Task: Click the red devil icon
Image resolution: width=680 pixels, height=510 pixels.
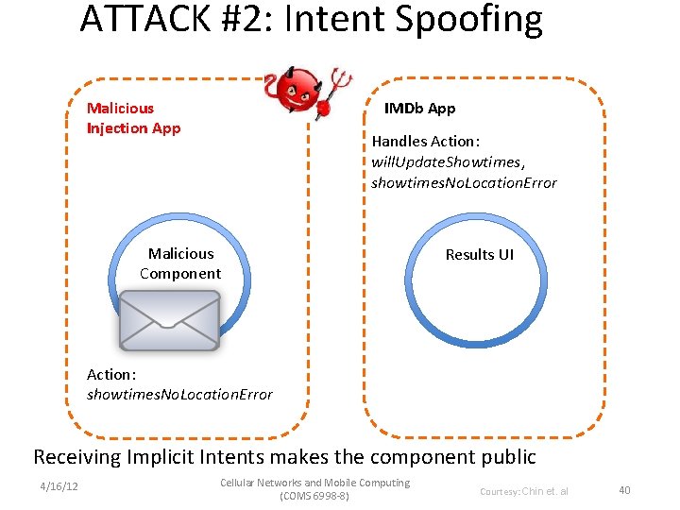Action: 300,91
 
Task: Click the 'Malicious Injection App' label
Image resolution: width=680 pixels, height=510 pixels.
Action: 133,118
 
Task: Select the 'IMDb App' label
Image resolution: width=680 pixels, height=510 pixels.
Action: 419,108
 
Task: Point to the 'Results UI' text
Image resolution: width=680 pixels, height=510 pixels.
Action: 480,254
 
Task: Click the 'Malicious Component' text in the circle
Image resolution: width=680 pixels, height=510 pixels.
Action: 180,263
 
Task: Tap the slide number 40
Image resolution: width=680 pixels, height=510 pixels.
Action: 624,489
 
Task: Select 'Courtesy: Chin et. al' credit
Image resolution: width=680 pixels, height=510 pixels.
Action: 524,491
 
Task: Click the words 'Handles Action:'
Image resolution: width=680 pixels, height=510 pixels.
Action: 426,141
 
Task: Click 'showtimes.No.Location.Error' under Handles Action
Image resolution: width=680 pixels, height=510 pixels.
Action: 464,182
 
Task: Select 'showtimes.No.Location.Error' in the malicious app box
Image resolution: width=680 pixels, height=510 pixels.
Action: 179,394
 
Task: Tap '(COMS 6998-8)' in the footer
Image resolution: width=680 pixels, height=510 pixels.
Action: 314,496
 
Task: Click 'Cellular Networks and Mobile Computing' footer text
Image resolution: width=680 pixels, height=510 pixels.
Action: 314,483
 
